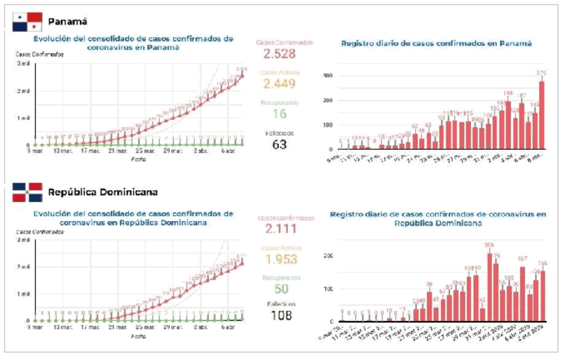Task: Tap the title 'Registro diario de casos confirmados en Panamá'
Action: point(436,43)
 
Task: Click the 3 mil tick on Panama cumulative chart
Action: point(23,63)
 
